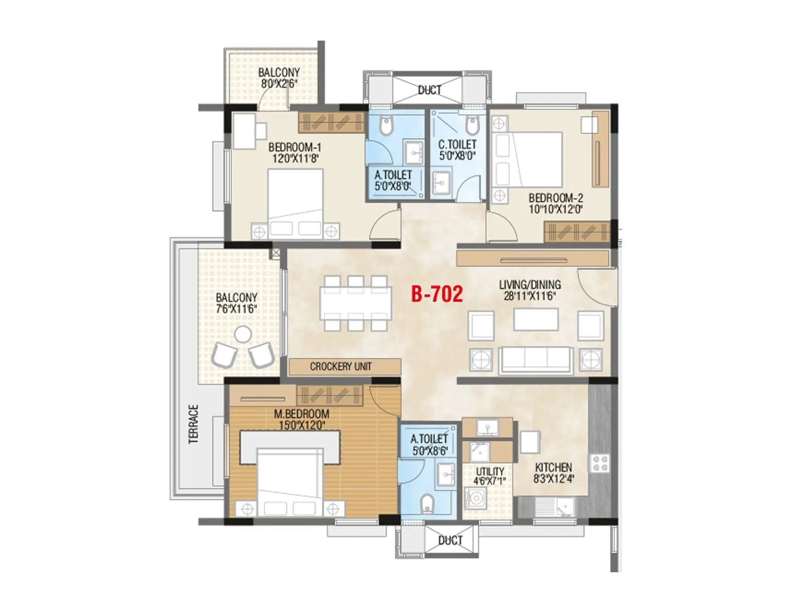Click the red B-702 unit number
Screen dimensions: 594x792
coord(437,294)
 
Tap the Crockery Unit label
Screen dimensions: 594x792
coord(341,366)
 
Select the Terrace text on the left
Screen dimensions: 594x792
coord(194,424)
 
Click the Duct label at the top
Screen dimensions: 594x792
coord(429,90)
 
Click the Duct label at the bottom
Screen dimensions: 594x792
coord(450,541)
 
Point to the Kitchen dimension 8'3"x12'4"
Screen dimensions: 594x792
coord(553,479)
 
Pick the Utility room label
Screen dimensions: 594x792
coord(490,471)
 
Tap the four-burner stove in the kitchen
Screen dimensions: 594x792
coord(600,464)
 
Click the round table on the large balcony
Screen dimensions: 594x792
coord(243,335)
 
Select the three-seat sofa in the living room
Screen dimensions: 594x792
coord(536,360)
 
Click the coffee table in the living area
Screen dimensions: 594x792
coord(536,319)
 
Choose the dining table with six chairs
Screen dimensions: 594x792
coord(355,303)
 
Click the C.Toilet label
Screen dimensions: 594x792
coord(457,145)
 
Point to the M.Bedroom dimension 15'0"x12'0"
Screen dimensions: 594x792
coord(301,425)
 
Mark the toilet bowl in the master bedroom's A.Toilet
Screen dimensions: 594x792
coord(427,505)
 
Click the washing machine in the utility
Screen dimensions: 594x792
coord(475,498)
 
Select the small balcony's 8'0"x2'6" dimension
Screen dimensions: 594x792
coord(279,84)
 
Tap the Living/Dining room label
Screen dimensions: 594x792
coord(530,285)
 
